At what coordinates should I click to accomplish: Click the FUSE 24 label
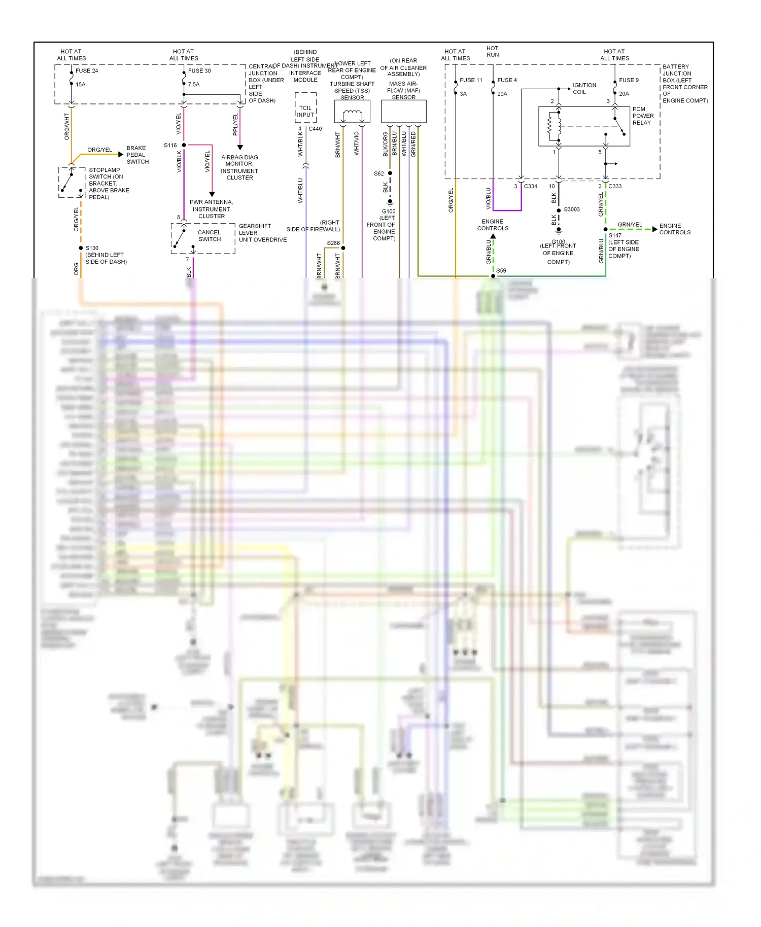point(87,71)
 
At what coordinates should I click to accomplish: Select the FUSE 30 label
point(199,71)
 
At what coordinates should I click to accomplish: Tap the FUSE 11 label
point(471,80)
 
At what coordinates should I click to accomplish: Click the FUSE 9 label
point(629,80)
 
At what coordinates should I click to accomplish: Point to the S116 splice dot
point(184,145)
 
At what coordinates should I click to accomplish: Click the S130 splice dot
point(81,248)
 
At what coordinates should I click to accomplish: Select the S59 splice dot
point(493,276)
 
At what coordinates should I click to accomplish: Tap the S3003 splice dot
point(559,210)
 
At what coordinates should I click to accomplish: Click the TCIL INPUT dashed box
point(305,108)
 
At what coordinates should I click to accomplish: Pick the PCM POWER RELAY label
point(643,116)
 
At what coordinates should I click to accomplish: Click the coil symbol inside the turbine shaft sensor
point(352,114)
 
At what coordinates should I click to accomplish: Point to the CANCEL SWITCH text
point(209,236)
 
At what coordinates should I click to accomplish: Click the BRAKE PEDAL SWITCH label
point(137,155)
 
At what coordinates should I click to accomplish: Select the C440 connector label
point(315,129)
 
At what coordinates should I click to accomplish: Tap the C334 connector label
point(530,187)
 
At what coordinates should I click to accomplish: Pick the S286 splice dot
point(343,248)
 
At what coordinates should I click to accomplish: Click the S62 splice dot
point(390,173)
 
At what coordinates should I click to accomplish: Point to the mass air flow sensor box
point(403,111)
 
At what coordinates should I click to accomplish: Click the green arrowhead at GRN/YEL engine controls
point(654,229)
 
